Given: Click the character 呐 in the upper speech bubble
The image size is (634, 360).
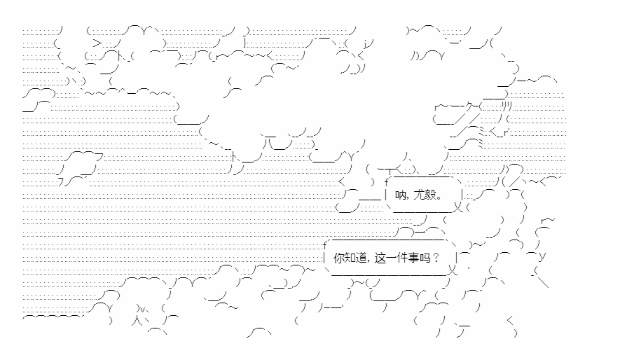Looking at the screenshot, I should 401,195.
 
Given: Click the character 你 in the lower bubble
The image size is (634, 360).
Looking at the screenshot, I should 339,257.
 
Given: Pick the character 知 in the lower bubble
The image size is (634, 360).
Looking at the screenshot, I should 350,257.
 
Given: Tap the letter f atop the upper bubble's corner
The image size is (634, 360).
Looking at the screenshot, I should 386,182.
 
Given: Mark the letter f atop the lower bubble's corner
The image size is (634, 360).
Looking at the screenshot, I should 325,244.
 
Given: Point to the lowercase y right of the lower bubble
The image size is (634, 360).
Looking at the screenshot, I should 544,256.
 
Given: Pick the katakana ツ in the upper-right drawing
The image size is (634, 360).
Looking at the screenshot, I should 506,106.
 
